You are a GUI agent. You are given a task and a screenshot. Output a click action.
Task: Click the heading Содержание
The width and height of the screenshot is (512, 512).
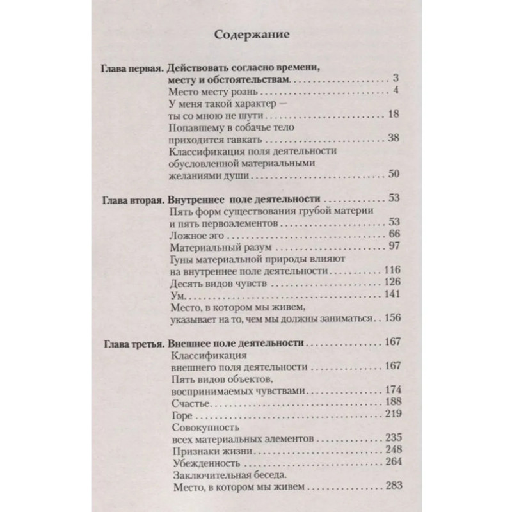[255, 34]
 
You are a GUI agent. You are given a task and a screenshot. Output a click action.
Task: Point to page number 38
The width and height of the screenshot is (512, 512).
[394, 139]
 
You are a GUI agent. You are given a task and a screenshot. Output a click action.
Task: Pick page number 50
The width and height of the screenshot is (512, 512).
[394, 175]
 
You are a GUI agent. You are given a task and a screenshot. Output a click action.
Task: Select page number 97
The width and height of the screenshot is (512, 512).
[394, 246]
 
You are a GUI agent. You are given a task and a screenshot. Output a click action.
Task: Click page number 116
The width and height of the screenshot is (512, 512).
[391, 270]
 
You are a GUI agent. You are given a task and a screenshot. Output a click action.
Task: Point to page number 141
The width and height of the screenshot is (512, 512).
[391, 294]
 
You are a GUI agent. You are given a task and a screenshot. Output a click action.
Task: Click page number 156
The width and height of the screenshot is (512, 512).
[391, 317]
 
